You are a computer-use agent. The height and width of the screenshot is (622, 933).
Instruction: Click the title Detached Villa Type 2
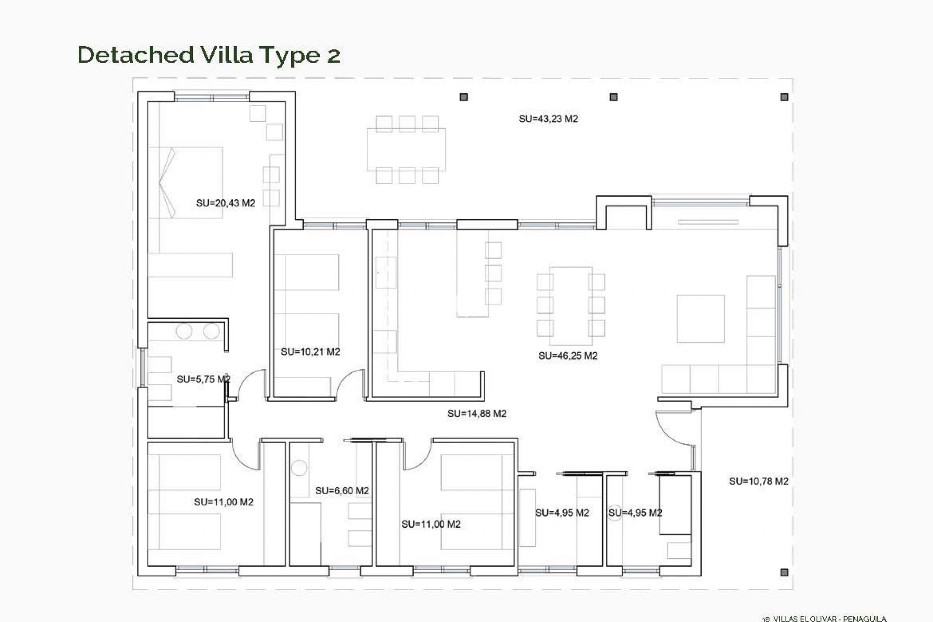[x=208, y=55]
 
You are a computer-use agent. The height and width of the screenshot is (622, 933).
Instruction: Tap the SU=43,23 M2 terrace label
[x=548, y=119]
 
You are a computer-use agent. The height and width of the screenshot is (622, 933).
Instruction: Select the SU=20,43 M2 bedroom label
[x=225, y=203]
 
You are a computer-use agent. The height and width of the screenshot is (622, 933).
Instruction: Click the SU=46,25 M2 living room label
[x=568, y=356]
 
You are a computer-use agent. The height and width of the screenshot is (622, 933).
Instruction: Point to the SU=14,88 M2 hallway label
[x=477, y=414]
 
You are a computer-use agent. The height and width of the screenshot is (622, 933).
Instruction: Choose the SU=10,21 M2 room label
[x=310, y=352]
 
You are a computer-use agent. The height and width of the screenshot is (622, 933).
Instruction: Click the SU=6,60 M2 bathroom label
[x=342, y=491]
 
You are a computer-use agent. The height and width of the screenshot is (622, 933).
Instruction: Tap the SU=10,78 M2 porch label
[x=758, y=481]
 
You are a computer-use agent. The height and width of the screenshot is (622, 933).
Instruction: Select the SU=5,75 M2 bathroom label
[x=203, y=379]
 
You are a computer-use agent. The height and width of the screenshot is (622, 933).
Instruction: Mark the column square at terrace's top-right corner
[x=784, y=97]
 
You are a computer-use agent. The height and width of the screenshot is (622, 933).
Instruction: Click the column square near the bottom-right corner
[x=784, y=572]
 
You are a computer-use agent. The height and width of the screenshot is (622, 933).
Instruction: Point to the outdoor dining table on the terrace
[x=406, y=149]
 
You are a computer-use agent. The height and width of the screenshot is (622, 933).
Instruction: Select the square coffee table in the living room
[x=700, y=319]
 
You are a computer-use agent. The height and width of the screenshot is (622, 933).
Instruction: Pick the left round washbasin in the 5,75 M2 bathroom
[x=184, y=331]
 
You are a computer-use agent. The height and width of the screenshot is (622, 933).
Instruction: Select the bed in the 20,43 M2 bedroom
[x=186, y=182]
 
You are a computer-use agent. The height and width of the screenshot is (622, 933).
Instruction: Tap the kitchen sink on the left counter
[x=386, y=273]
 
